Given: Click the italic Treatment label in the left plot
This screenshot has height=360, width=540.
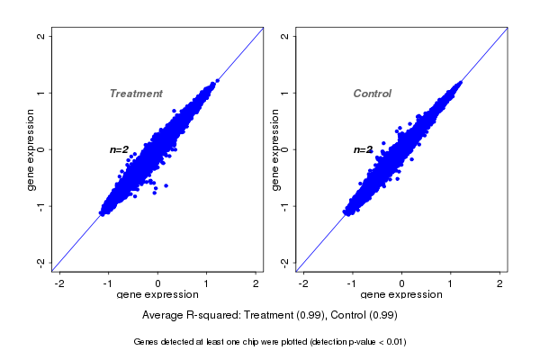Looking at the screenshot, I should click(x=136, y=94).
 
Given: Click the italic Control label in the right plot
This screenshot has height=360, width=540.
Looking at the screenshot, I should click(x=372, y=94).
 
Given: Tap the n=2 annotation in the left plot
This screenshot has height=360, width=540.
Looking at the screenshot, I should click(x=120, y=149).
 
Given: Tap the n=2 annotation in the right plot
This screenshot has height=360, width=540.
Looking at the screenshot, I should click(x=364, y=149).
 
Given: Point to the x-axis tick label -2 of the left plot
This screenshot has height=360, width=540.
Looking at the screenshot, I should click(x=59, y=283).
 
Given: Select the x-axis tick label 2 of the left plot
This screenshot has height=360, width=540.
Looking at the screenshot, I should click(x=256, y=283).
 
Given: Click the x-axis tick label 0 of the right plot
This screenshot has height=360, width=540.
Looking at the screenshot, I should click(x=402, y=283).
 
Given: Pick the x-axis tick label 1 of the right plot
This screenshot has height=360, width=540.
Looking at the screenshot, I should click(x=451, y=283).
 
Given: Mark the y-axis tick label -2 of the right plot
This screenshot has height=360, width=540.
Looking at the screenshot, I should click(x=285, y=262).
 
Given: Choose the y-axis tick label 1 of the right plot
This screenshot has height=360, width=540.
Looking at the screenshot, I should click(x=285, y=93).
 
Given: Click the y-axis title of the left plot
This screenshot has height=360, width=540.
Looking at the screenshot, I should click(x=31, y=149).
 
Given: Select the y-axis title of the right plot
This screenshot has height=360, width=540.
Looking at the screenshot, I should click(x=274, y=149).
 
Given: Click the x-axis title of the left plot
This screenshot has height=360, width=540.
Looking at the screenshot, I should click(x=157, y=295).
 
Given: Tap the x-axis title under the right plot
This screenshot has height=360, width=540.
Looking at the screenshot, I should click(x=401, y=295).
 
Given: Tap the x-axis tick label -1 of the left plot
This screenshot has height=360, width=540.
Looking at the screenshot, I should click(x=108, y=283).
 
